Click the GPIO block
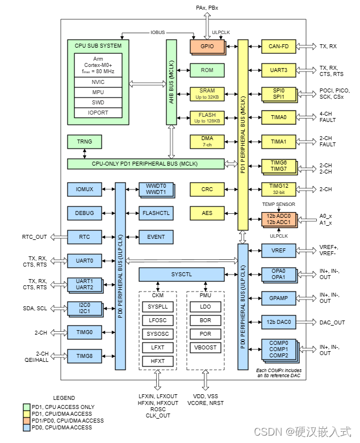(x=207, y=47)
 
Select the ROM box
(x=207, y=70)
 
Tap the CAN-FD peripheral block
(x=279, y=47)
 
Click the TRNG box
(x=85, y=142)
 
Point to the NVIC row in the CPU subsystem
(x=98, y=82)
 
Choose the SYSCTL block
(x=182, y=275)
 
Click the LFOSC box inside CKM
(x=157, y=320)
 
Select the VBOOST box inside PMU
(x=206, y=347)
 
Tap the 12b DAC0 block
(x=279, y=322)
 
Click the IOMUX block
(x=85, y=189)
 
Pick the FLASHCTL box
(x=156, y=213)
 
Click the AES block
(x=207, y=213)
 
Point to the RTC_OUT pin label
(x=35, y=237)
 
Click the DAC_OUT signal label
(x=332, y=322)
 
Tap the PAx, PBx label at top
(x=207, y=7)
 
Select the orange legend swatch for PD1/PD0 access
(x=27, y=421)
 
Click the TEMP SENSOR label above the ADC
(x=279, y=204)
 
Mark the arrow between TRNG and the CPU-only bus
(x=85, y=154)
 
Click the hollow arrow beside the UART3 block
(x=306, y=70)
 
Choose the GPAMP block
(x=279, y=298)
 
